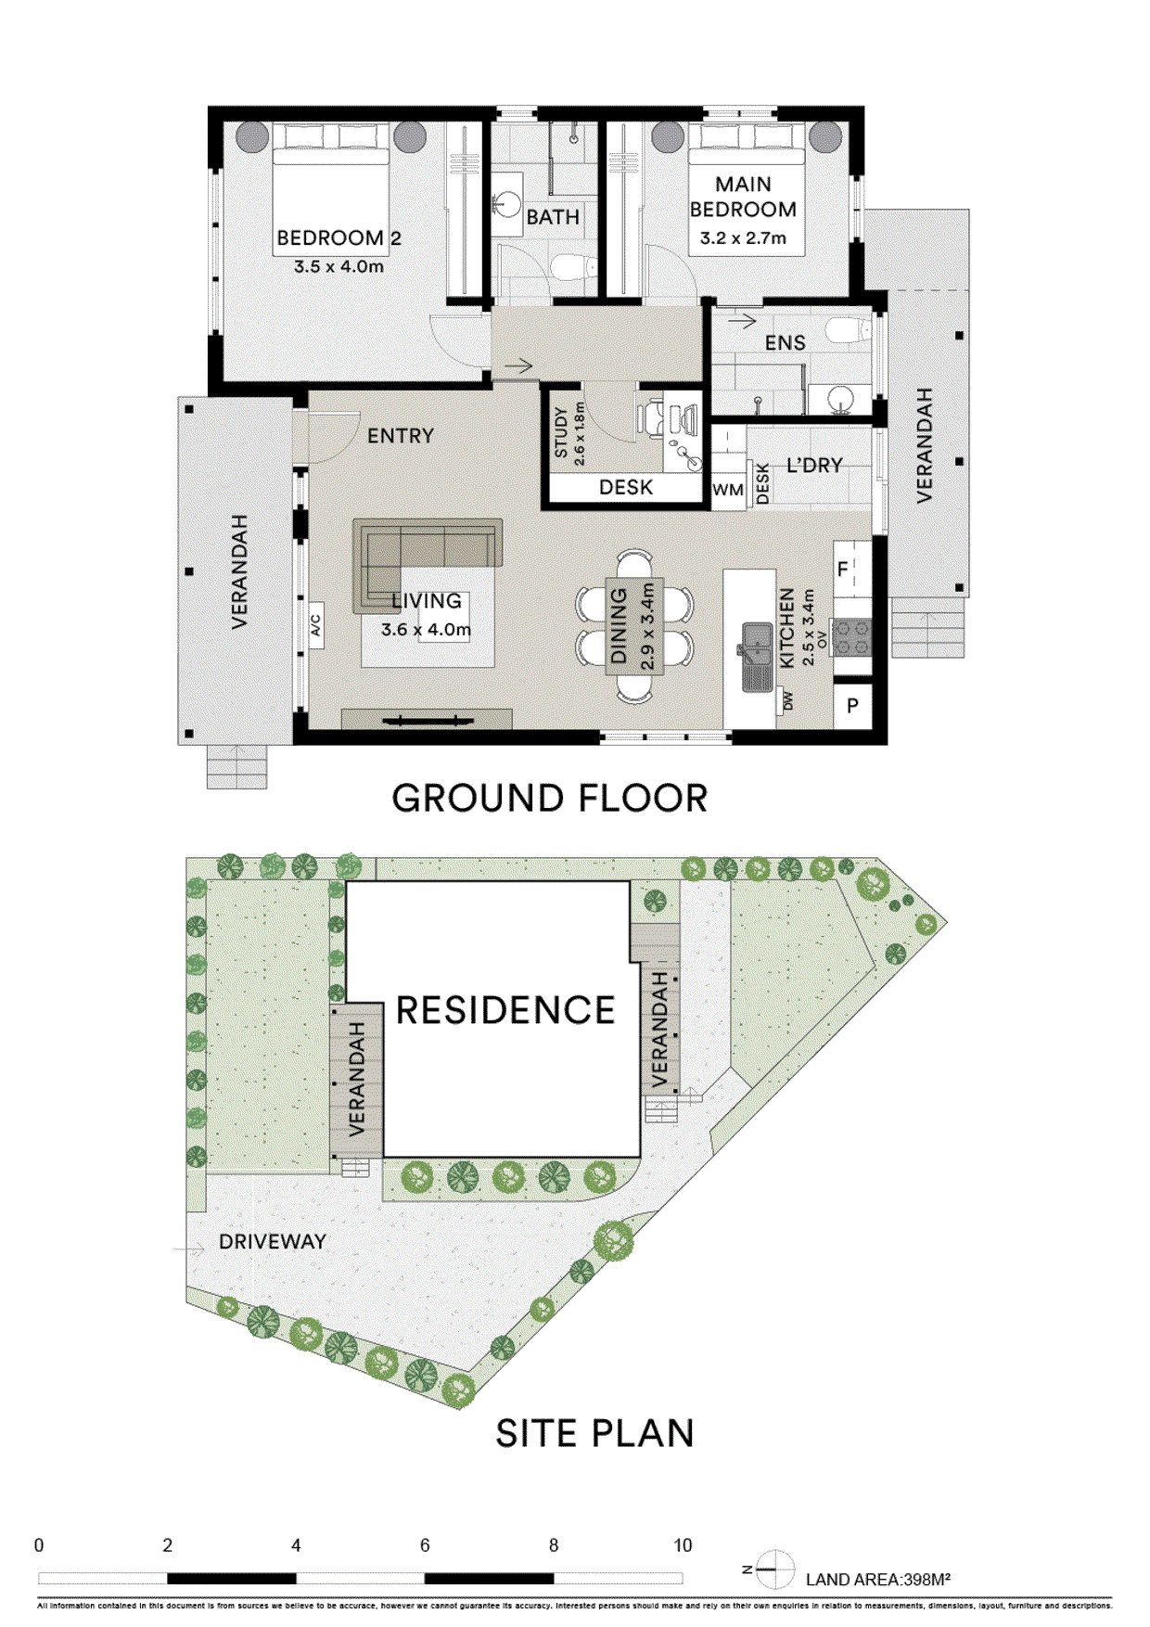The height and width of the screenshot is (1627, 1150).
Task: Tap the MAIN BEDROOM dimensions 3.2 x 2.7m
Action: pyautogui.click(x=743, y=238)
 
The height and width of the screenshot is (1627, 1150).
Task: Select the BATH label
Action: pyautogui.click(x=553, y=217)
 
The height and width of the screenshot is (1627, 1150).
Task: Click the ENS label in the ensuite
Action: pyautogui.click(x=785, y=343)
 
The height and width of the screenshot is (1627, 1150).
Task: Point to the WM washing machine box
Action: pyautogui.click(x=728, y=490)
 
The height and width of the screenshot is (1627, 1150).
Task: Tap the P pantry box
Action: pyautogui.click(x=852, y=706)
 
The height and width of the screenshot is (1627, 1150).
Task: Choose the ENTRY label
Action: pyautogui.click(x=400, y=436)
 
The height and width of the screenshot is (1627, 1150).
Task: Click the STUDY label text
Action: pyautogui.click(x=561, y=432)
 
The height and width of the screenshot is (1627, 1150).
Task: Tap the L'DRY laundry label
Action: pyautogui.click(x=814, y=466)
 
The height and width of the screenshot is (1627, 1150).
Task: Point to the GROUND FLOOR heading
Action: pyautogui.click(x=549, y=799)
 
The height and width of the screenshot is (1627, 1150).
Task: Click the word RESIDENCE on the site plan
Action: pyautogui.click(x=505, y=1010)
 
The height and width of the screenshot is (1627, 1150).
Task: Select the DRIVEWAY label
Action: pyautogui.click(x=272, y=1242)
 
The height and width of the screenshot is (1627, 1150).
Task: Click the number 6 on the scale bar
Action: pyautogui.click(x=425, y=1545)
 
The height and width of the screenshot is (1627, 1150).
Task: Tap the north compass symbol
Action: pyautogui.click(x=774, y=1569)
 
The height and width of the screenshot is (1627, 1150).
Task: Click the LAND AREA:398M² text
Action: pyautogui.click(x=877, y=1580)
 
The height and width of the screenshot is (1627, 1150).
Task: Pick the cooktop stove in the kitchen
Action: pyautogui.click(x=851, y=637)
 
